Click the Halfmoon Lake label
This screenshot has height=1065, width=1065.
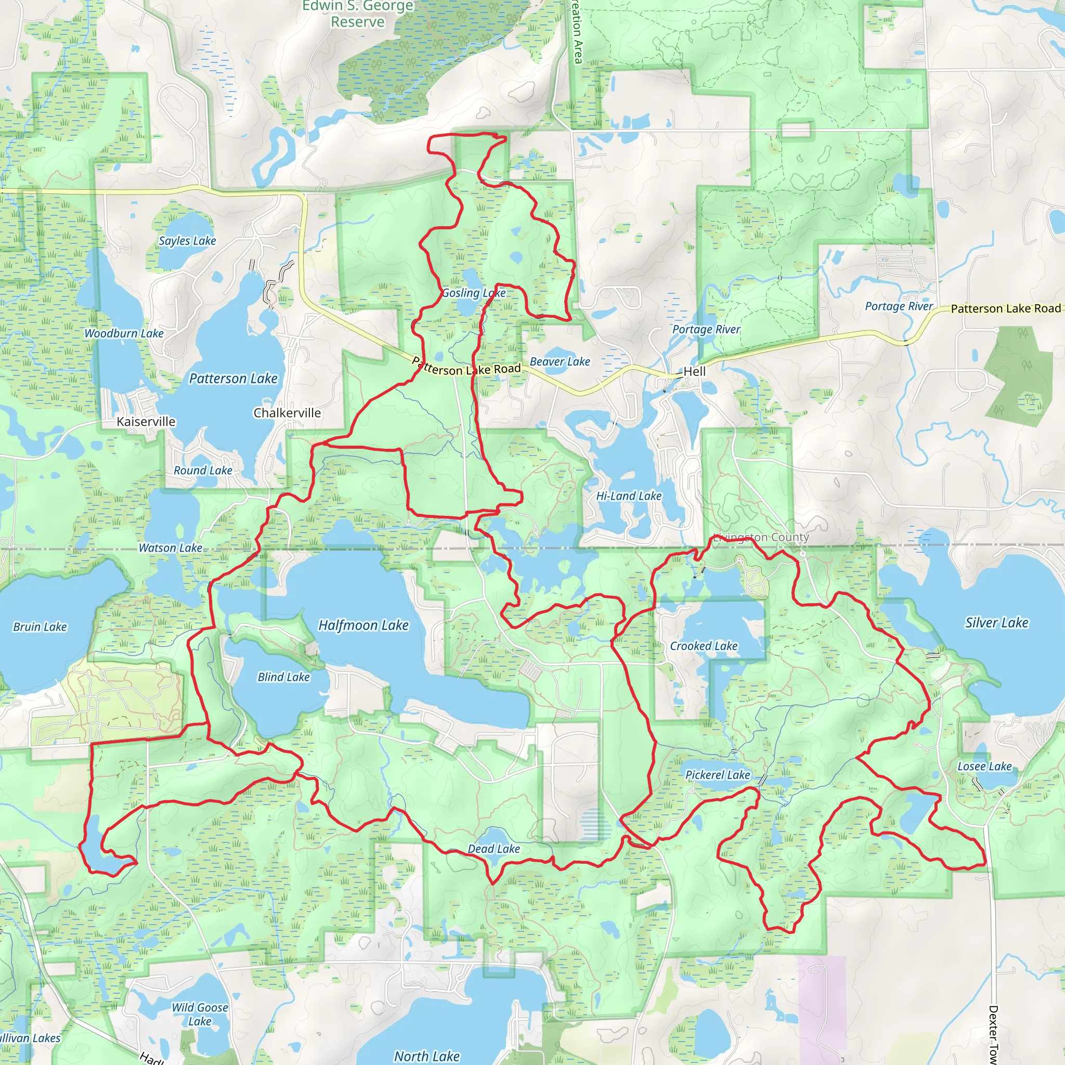tap(363, 625)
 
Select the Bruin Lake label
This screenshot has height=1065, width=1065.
tap(40, 627)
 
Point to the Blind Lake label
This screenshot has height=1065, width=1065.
tap(283, 677)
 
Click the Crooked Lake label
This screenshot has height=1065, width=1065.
tap(704, 646)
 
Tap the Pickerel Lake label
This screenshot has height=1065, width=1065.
tap(717, 775)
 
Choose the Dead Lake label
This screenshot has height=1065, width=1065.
tap(493, 849)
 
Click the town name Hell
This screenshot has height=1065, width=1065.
tap(694, 371)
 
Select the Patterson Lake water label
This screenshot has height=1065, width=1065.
tap(233, 379)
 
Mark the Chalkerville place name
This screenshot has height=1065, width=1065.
tap(287, 413)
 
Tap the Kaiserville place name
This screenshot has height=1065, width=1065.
tap(146, 422)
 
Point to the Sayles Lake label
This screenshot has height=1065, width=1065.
tap(187, 241)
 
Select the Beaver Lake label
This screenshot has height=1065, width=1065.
tap(560, 361)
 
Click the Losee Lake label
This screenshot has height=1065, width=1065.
tap(984, 766)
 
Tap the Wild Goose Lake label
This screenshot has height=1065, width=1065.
tap(200, 1014)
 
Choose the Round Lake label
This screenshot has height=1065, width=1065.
tap(203, 470)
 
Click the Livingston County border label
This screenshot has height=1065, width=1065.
tap(761, 537)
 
